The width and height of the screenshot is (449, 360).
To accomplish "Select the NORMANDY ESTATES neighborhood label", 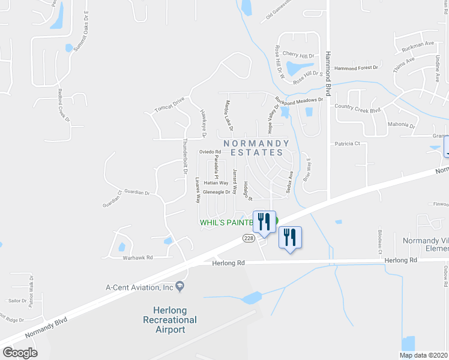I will [x=256, y=148].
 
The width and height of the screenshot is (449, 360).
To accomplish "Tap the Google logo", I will [x=19, y=353].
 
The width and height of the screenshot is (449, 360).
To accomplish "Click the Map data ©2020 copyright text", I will [x=424, y=355].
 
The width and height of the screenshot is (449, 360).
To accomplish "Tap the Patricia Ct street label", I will [x=347, y=143].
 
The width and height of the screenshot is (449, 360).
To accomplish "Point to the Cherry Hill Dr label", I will [x=298, y=55].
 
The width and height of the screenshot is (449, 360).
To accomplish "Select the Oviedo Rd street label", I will [x=211, y=152].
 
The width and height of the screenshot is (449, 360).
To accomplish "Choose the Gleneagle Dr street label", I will [x=217, y=192].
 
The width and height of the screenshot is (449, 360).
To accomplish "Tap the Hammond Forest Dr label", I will [x=357, y=68].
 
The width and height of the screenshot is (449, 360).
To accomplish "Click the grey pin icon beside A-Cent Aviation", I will [x=179, y=287].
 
